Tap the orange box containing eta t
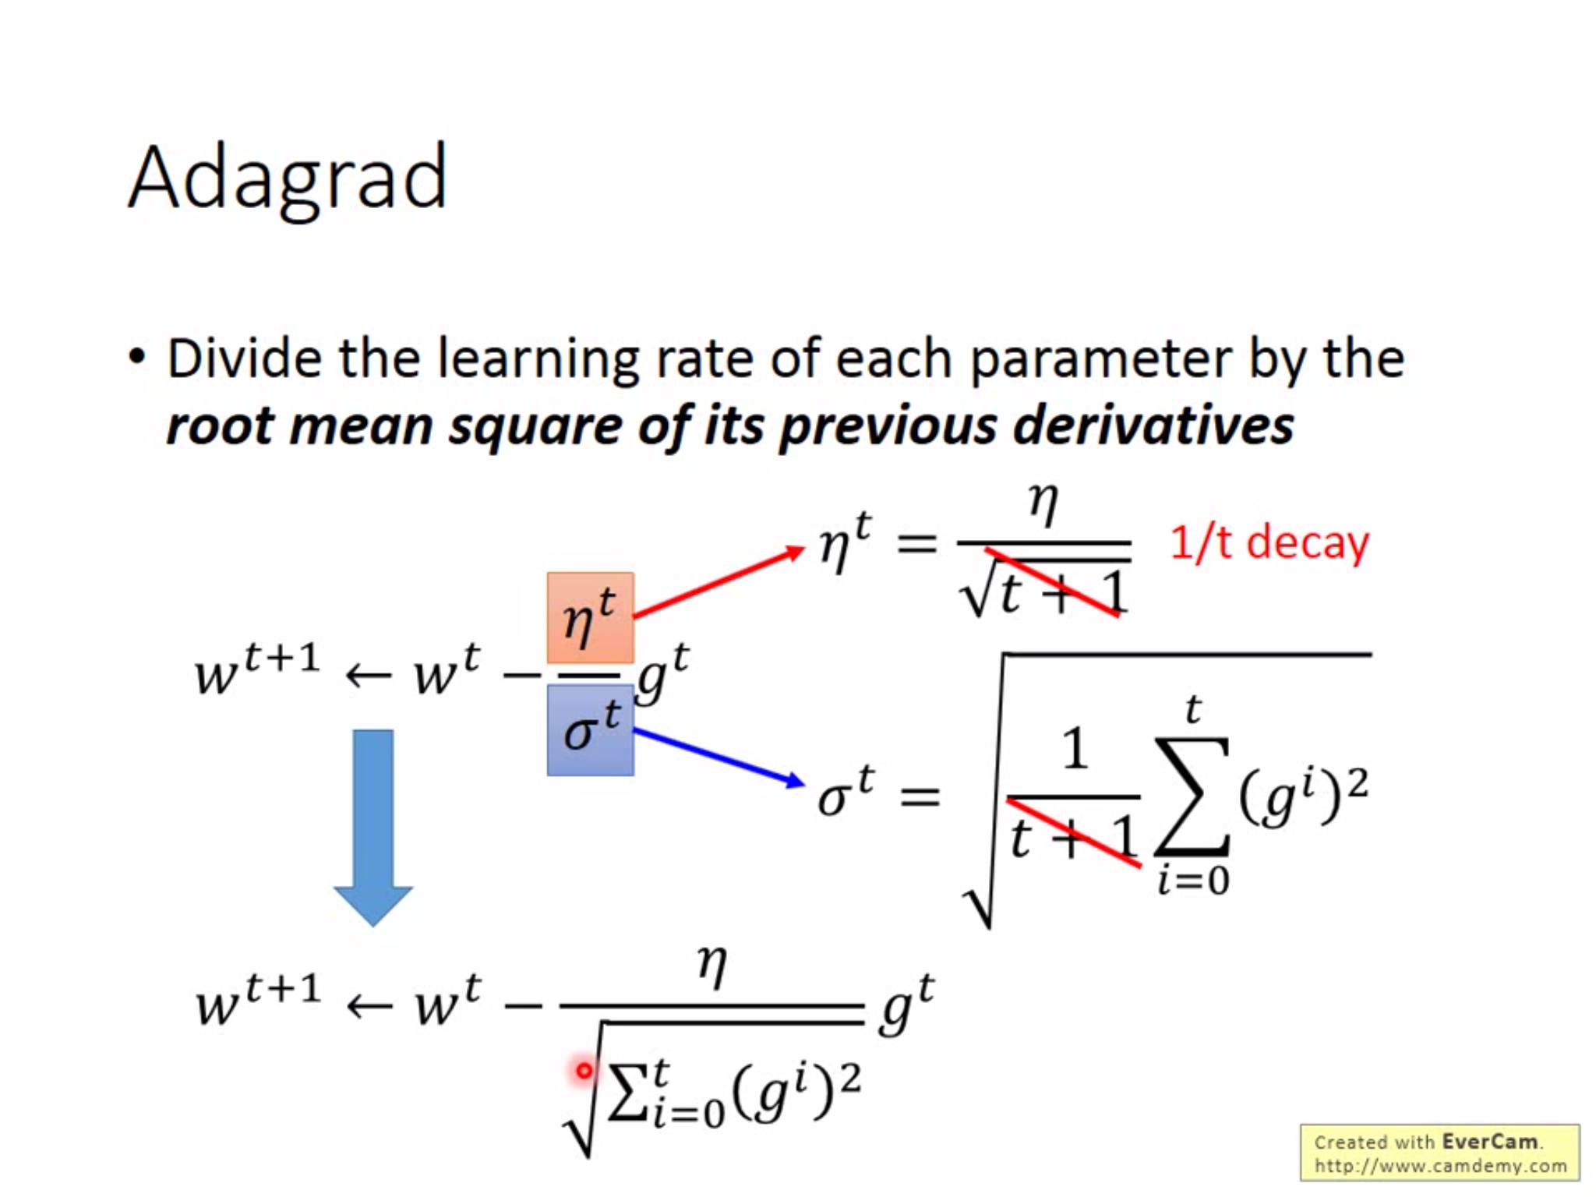point(590,617)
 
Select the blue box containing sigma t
point(590,730)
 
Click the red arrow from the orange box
point(717,583)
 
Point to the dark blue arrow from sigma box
point(717,756)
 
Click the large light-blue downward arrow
point(373,826)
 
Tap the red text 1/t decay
point(1269,543)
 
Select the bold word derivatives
point(1153,426)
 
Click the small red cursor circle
point(584,1072)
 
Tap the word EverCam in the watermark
point(1489,1142)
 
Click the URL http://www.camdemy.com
point(1440,1167)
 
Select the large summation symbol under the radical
point(1192,796)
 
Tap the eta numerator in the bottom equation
point(712,966)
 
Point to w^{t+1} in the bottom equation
point(257,1001)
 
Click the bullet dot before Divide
point(138,358)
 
